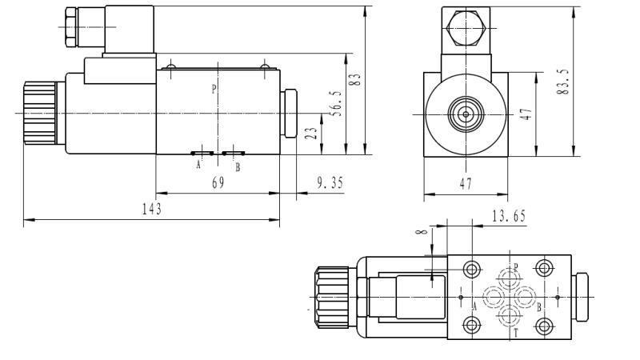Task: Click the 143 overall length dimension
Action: pos(152,209)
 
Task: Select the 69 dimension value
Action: pos(218,182)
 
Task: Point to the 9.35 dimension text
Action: pos(330,182)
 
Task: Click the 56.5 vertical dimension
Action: pos(338,103)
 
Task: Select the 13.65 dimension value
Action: pos(508,215)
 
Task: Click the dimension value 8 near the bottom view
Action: pos(422,233)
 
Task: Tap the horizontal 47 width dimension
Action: pos(465,183)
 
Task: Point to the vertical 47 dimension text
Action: pos(526,114)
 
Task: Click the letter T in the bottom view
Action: pos(516,331)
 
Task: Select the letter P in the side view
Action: pos(214,89)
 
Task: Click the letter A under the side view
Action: pos(198,166)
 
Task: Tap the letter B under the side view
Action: pos(237,167)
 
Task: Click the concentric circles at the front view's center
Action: pos(465,114)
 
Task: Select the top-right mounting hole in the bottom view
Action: pos(546,267)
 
